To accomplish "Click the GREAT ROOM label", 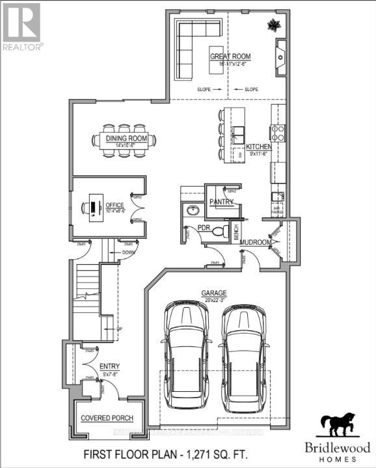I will click(x=230, y=57).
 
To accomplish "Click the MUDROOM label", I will click(x=255, y=242).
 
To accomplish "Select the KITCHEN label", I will click(x=258, y=147).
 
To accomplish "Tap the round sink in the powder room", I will click(x=192, y=211).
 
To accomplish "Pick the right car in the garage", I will click(x=244, y=358).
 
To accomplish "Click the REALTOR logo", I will click(x=21, y=26).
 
